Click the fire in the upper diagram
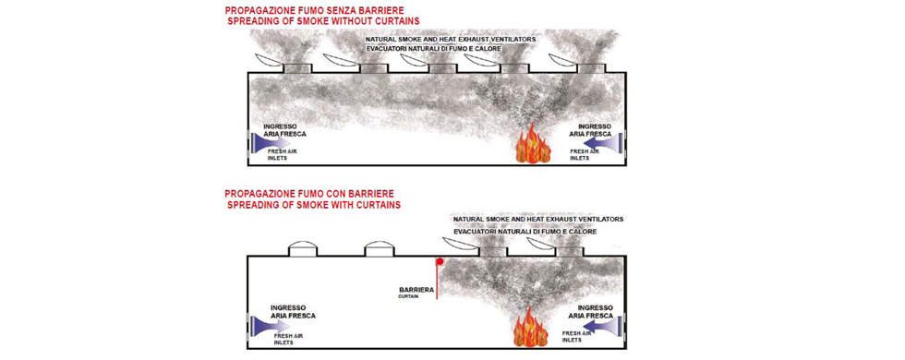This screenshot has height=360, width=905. coord(532,145)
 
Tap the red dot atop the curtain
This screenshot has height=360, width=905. coord(440,261)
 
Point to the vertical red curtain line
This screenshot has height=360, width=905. coord(438,282)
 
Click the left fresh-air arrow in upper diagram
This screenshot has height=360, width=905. coord(271,141)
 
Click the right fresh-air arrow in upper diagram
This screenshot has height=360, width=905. coord(602,141)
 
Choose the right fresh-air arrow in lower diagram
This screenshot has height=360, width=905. coord(602,326)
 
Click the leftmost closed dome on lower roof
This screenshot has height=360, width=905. coord(303,248)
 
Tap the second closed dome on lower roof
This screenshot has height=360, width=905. coord(380,248)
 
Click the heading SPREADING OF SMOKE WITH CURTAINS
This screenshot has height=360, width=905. coord(314,205)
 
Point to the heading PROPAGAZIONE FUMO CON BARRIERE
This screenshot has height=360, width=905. coord(312,193)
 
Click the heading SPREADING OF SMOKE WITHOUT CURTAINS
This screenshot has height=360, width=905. coord(323,21)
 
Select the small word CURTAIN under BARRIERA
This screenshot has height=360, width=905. coord(408,296)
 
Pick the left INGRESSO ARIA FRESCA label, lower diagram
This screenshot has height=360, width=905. coord(289,312)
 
